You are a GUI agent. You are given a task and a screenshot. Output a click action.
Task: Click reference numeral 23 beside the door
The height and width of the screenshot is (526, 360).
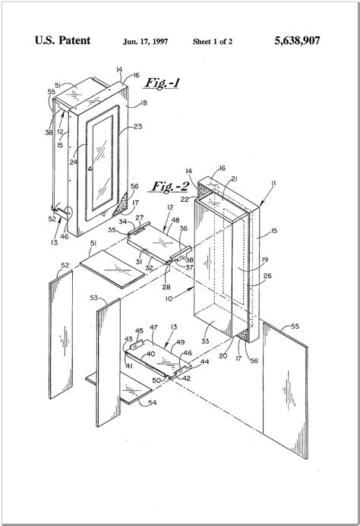(x=138, y=128)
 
